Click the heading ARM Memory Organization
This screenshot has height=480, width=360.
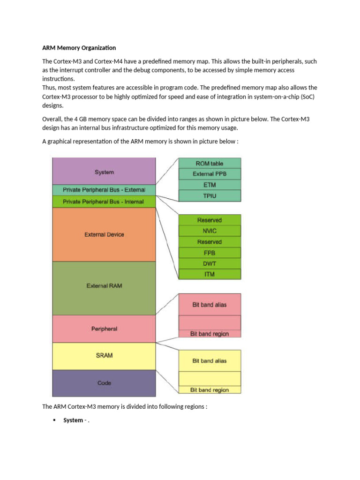(x=79, y=48)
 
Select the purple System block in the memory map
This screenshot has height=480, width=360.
(x=104, y=172)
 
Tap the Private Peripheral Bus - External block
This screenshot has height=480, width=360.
(x=104, y=190)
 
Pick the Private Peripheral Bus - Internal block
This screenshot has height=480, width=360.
(x=104, y=202)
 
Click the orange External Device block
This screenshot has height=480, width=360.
(x=104, y=234)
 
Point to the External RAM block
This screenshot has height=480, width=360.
(x=104, y=285)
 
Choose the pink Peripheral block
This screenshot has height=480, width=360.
(x=104, y=329)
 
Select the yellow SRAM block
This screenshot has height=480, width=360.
(x=104, y=355)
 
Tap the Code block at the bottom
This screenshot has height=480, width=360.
(x=104, y=383)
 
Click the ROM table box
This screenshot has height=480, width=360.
(x=210, y=163)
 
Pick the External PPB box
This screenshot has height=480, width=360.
(x=210, y=174)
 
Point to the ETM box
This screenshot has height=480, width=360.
(x=210, y=185)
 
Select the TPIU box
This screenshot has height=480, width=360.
(x=210, y=195)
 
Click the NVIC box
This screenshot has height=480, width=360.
(x=210, y=231)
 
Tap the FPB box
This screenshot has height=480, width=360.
(x=210, y=253)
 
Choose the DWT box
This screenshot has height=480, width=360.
(x=210, y=263)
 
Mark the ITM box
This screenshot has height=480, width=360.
(x=210, y=274)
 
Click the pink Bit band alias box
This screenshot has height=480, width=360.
(x=210, y=305)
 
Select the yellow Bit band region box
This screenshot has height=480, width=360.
(x=210, y=390)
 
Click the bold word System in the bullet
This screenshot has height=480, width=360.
(x=73, y=420)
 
